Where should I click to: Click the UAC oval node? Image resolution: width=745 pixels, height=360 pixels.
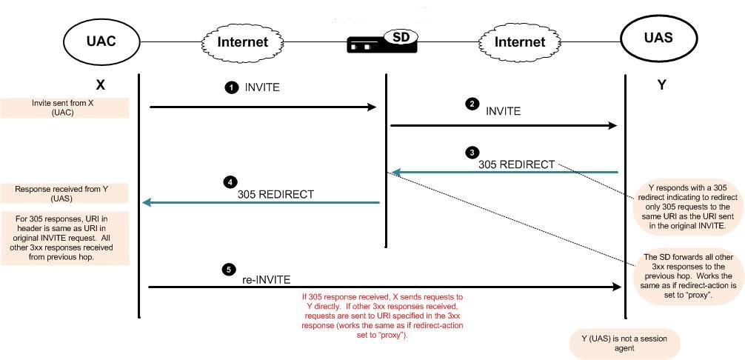coord(101,41)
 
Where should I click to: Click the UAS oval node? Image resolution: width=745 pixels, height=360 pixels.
coord(658,39)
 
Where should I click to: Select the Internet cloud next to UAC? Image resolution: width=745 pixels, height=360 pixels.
coord(242,41)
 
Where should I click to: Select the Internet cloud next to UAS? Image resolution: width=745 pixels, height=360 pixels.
coord(519,41)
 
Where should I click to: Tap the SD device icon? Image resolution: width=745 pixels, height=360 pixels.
coord(383,43)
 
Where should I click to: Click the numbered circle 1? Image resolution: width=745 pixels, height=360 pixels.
coord(231,87)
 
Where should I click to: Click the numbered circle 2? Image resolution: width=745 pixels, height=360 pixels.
coord(472,104)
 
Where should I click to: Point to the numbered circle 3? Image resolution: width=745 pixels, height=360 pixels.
coord(472,153)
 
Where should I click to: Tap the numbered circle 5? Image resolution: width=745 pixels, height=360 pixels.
coord(230,270)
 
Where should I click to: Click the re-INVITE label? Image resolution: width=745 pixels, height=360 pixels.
coord(267,280)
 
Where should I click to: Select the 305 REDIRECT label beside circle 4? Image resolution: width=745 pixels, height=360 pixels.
coord(275,195)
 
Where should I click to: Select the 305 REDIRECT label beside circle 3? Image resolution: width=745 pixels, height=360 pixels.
coord(517,164)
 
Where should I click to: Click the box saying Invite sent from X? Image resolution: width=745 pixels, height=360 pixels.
coord(64,107)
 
